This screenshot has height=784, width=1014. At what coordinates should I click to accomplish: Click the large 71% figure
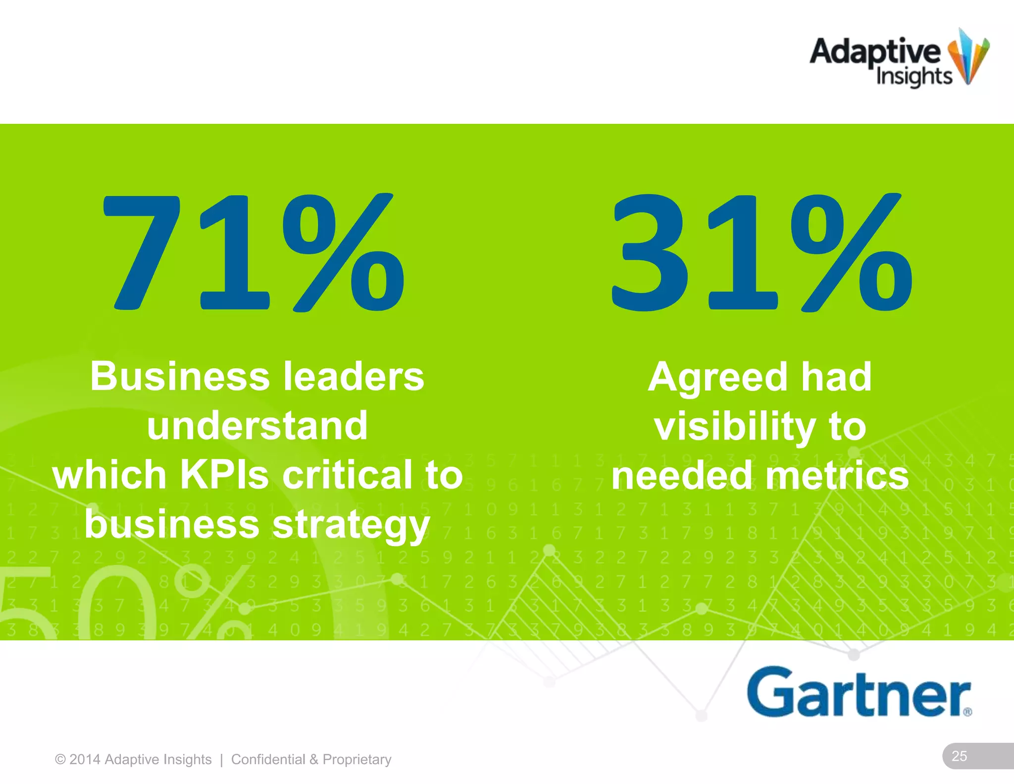pyautogui.click(x=253, y=253)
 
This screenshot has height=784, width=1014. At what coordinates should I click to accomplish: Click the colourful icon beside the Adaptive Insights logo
pyautogui.click(x=968, y=57)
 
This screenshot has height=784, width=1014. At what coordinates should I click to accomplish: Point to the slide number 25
pyautogui.click(x=959, y=756)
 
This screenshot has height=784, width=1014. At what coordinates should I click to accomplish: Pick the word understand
pyautogui.click(x=257, y=426)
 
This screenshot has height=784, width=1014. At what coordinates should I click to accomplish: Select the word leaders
pyautogui.click(x=354, y=377)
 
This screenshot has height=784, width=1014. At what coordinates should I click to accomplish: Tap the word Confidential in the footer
pyautogui.click(x=268, y=759)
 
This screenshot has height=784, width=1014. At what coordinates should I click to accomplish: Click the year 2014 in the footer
pyautogui.click(x=85, y=759)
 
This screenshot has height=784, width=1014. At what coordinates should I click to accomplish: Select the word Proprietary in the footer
pyautogui.click(x=357, y=760)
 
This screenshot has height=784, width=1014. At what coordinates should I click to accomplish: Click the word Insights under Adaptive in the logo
pyautogui.click(x=914, y=77)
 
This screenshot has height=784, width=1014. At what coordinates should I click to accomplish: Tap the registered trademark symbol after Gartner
pyautogui.click(x=967, y=712)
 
